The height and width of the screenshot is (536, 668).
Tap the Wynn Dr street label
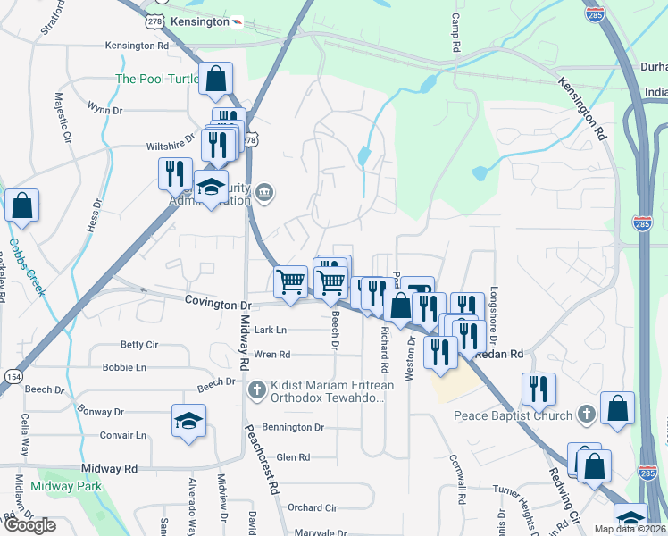coord(104,109)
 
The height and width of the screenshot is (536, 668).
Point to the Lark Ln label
coord(271,330)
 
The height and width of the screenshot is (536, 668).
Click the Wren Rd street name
coord(271,355)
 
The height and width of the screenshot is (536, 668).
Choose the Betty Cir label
coord(138,344)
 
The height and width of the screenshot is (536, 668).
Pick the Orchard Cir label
coord(313,507)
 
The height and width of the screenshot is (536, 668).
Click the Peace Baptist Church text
coord(513,415)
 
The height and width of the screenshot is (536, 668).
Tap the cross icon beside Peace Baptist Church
coord(585,415)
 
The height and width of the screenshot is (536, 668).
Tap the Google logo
coord(29,525)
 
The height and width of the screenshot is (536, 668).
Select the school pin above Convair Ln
coord(189,420)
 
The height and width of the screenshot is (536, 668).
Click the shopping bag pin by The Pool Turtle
coord(216,78)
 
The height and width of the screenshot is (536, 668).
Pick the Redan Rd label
coord(504,355)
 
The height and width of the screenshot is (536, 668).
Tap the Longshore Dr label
coord(492,314)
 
